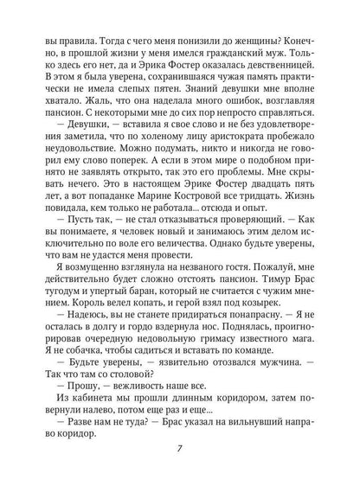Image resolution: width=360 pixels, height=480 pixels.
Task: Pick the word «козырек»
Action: point(287,323)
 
